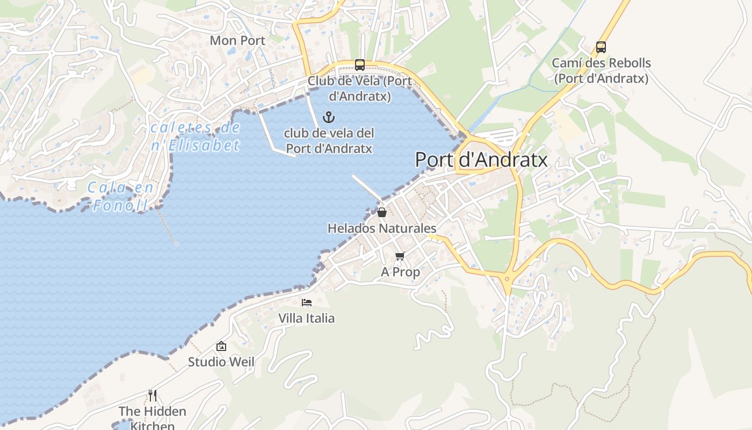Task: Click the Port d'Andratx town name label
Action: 481,160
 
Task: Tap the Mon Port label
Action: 237,40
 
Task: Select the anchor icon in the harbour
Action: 328,117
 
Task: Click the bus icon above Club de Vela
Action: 360,65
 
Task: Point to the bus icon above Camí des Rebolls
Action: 601,47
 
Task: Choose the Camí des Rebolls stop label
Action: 601,70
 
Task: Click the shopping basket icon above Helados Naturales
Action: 382,212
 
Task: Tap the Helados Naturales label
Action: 382,228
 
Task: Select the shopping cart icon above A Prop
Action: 400,256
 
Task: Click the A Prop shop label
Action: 400,272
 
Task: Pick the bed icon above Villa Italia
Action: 307,303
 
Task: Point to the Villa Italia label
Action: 306,318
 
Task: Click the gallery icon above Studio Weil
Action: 221,347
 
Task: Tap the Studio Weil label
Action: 221,362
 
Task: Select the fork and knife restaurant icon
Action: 153,396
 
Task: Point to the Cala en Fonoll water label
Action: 121,196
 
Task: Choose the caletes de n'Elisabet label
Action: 195,137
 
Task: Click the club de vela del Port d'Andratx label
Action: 329,140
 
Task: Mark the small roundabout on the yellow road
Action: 507,278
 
